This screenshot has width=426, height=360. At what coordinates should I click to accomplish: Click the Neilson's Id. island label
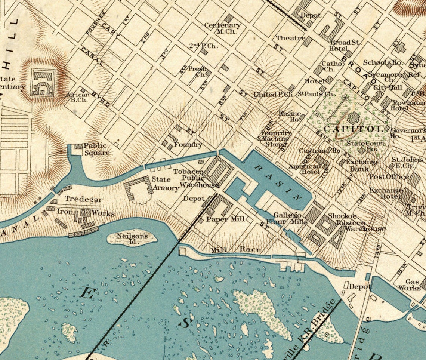(x=132, y=239)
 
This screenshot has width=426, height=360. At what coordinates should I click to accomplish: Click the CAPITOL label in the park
(x=353, y=129)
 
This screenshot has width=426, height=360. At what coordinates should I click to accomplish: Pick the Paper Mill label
(x=225, y=219)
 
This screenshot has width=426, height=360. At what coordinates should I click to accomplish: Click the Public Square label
(x=96, y=149)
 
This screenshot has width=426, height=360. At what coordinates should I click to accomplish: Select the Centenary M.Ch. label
(x=223, y=28)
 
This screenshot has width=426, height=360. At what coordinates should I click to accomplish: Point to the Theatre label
(x=290, y=38)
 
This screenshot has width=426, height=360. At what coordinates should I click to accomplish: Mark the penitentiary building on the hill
(x=43, y=82)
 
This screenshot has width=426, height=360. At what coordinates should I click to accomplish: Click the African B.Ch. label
(x=77, y=98)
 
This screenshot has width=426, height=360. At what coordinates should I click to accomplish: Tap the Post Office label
(x=386, y=176)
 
